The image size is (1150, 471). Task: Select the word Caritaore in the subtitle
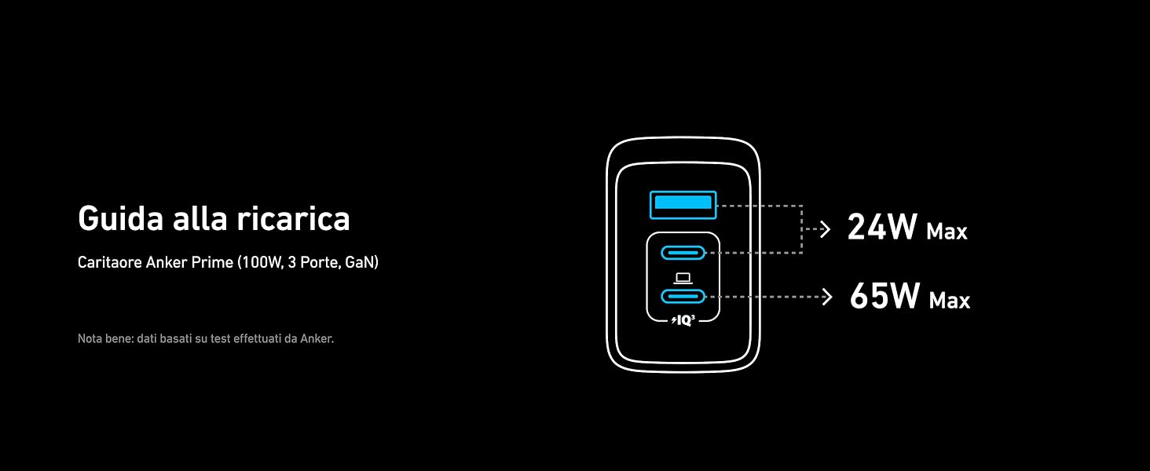109,262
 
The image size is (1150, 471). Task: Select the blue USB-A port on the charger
683,206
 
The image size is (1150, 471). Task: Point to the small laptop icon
683,277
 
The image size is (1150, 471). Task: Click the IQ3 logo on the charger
683,319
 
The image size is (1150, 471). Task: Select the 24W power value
882,228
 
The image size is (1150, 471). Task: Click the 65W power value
884,297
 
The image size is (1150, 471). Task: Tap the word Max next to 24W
947,232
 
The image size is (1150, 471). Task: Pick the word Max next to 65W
950,301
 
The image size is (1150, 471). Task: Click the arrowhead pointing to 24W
825,229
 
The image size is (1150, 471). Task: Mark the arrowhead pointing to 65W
826,297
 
